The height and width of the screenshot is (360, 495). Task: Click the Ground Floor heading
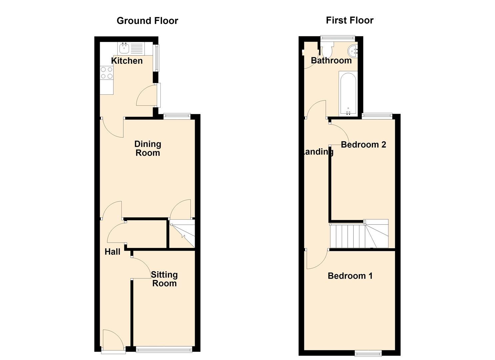tap(147, 21)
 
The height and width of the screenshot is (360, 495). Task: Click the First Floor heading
tap(350, 20)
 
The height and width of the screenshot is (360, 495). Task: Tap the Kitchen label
tap(127, 61)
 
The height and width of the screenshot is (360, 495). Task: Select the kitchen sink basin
tap(124, 48)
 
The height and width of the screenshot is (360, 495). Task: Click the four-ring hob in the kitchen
tap(107, 73)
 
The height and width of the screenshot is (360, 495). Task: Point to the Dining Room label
tap(148, 148)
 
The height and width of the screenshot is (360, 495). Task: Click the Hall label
tap(112, 252)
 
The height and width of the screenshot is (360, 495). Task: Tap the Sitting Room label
tap(164, 279)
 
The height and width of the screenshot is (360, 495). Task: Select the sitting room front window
tap(164, 349)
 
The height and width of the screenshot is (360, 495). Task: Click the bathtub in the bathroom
tap(348, 94)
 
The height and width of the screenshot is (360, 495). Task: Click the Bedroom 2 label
tap(364, 145)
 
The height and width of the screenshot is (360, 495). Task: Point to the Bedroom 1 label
tap(350, 276)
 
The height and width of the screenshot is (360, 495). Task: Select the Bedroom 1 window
tap(368, 354)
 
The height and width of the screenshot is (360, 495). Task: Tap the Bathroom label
tap(331, 61)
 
